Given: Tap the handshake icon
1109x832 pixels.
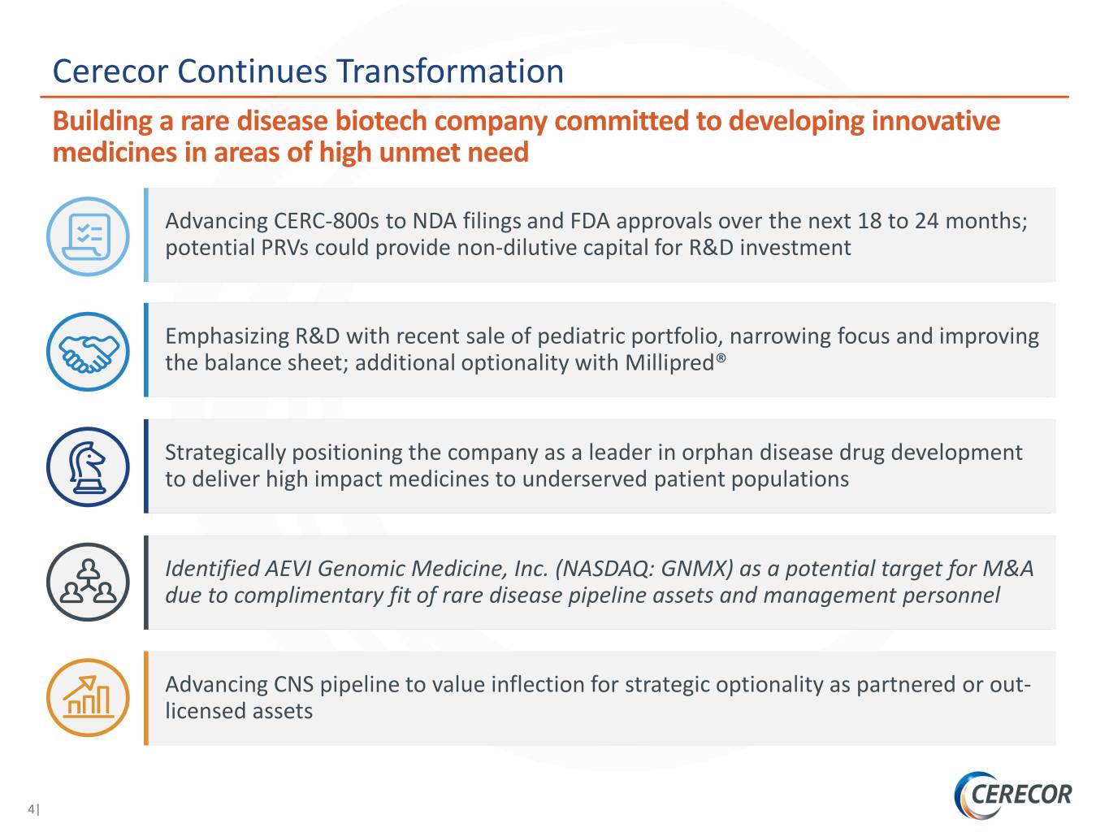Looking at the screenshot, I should [88, 352].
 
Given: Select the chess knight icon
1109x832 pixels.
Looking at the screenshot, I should [88, 467].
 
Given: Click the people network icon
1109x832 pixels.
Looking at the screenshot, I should [88, 583].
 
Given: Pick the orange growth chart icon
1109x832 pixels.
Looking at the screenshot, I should [88, 698].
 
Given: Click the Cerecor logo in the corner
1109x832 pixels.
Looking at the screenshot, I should [1013, 794].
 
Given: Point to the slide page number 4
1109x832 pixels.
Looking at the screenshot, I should [32, 809].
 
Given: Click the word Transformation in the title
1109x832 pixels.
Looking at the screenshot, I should [450, 71].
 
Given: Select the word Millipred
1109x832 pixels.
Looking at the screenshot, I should [669, 362].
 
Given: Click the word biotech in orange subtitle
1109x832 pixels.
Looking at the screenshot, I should [380, 121].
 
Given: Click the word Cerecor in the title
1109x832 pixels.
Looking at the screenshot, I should [110, 71].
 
